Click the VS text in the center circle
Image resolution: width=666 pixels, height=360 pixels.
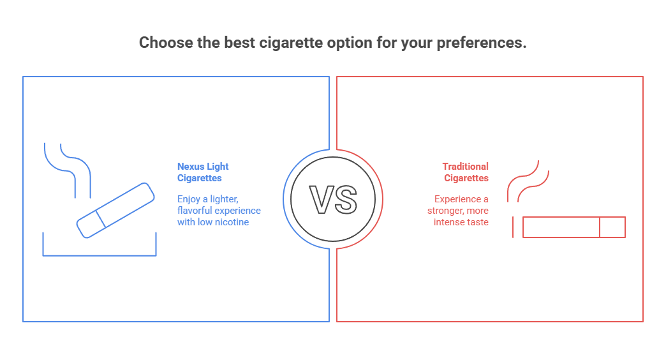(333, 199)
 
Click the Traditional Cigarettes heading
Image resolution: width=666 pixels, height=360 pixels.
(466, 172)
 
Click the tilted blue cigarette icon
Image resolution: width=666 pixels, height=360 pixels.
(115, 211)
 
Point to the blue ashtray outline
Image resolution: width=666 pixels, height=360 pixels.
(100, 254)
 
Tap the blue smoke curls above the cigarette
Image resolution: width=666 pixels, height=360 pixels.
(68, 166)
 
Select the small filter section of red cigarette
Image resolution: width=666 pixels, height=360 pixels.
(612, 227)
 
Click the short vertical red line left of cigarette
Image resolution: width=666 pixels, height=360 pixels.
(514, 227)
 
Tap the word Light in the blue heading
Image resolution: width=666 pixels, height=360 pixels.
(218, 167)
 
